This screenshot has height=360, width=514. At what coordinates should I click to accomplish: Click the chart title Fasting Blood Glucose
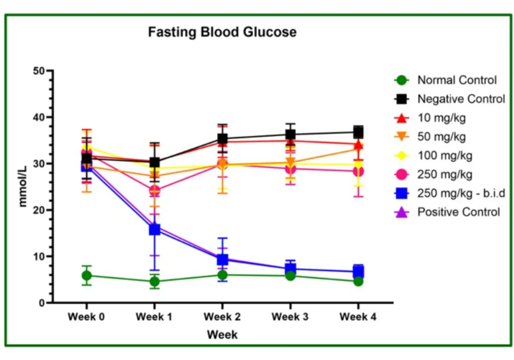[222, 32]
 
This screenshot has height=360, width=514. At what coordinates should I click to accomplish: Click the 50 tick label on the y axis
[39, 71]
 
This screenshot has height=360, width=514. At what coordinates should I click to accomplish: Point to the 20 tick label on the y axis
[39, 210]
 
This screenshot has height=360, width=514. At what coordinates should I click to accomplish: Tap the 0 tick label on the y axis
[42, 303]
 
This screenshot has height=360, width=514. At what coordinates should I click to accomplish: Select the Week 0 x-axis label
[86, 317]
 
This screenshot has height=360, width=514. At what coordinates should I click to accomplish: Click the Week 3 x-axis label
[290, 317]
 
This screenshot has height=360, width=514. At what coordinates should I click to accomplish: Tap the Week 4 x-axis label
[358, 317]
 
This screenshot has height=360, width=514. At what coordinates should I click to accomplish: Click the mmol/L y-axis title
[23, 186]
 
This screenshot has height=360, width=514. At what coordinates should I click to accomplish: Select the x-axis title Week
[222, 335]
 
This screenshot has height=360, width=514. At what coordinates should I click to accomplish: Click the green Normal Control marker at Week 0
[86, 276]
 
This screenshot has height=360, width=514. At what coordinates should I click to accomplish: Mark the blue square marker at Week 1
[155, 229]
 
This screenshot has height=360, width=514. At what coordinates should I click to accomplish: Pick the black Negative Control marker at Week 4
[358, 132]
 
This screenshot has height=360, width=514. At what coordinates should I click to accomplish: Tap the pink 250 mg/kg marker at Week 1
[155, 190]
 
